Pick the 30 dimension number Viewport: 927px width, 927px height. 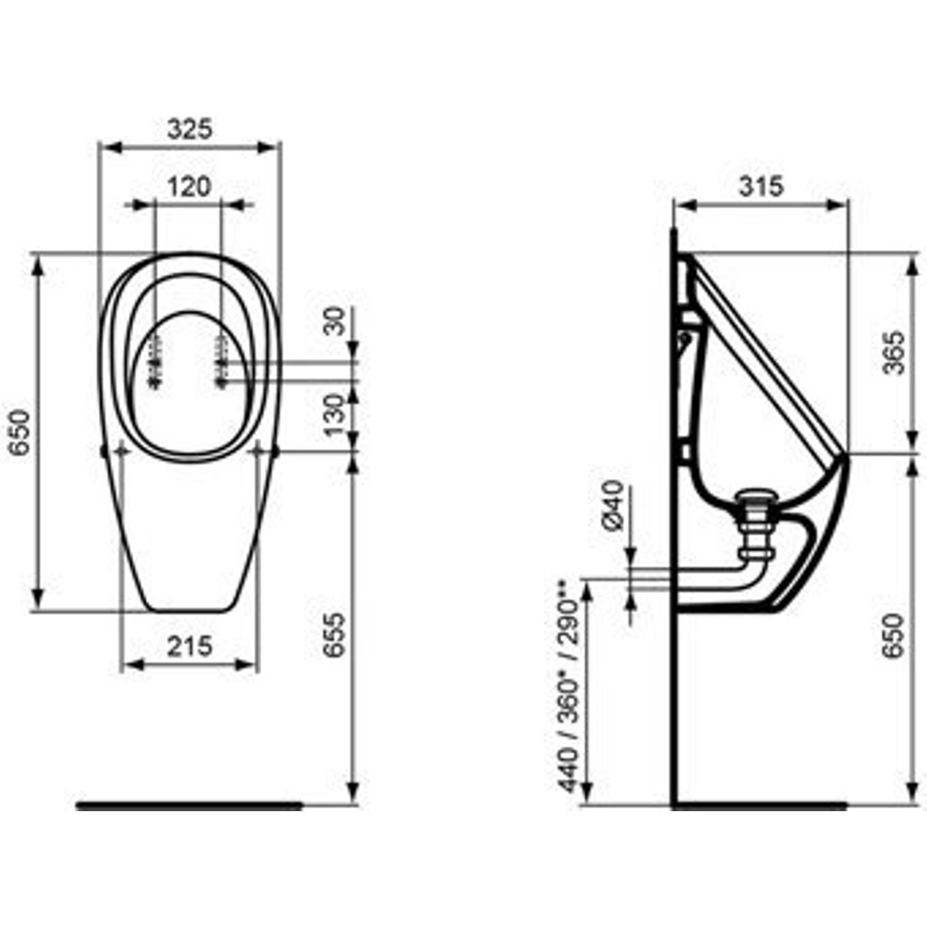pyautogui.click(x=335, y=321)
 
